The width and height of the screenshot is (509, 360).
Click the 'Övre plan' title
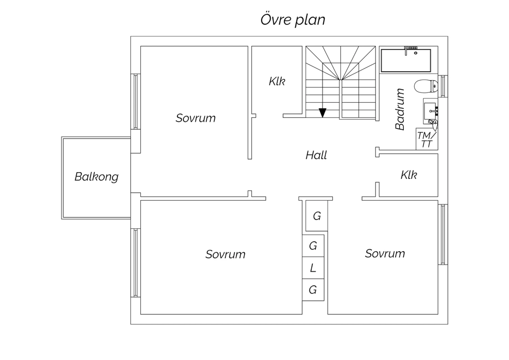293,20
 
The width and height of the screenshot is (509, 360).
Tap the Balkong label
97,177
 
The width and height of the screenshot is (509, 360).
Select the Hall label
316,155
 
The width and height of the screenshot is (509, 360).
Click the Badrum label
400,109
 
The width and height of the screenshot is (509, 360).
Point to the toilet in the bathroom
426,86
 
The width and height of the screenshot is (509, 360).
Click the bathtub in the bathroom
406,60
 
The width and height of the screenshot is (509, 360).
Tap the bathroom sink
430,111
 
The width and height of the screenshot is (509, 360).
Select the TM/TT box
427,139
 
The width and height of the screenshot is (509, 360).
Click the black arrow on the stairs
322,113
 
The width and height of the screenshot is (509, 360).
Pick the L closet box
313,268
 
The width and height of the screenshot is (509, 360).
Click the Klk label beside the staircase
277,82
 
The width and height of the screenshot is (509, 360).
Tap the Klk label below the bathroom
409,175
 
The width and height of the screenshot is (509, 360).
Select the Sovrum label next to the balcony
195,118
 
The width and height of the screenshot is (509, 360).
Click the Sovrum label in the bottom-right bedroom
385,254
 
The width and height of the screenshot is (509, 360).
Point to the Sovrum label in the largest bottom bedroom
225,254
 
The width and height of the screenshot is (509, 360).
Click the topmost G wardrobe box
317,216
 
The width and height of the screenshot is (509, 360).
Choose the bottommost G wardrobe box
313,290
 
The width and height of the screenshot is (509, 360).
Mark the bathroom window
443,86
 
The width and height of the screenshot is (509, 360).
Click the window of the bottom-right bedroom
443,234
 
